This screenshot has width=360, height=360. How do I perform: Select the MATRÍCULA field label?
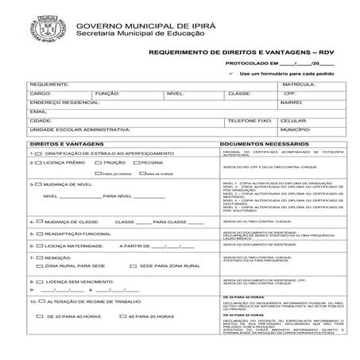(x=298, y=83)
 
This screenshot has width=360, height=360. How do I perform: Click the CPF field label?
(x=289, y=93)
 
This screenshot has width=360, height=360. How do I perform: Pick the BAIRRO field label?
(x=292, y=103)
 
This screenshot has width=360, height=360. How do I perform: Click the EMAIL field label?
(x=37, y=111)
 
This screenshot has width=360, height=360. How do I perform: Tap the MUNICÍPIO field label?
(x=295, y=129)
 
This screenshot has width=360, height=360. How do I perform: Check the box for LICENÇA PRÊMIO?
(x=40, y=162)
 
